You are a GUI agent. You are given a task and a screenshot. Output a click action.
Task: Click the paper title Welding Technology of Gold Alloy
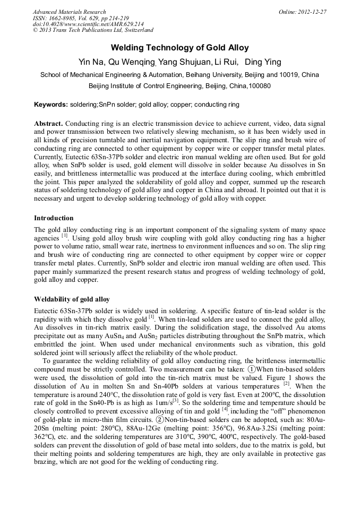point(179,48)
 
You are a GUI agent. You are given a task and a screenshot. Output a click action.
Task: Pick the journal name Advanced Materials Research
point(69,12)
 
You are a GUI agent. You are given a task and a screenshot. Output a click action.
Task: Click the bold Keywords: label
point(51,105)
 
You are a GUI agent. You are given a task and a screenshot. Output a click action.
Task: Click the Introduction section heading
point(54,218)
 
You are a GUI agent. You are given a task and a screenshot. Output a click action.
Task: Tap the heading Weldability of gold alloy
point(72,299)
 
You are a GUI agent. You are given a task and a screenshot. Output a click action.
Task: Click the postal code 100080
point(259,85)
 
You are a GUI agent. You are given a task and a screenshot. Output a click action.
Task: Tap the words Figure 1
point(269,392)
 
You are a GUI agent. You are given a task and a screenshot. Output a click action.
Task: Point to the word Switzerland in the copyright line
point(134,31)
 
